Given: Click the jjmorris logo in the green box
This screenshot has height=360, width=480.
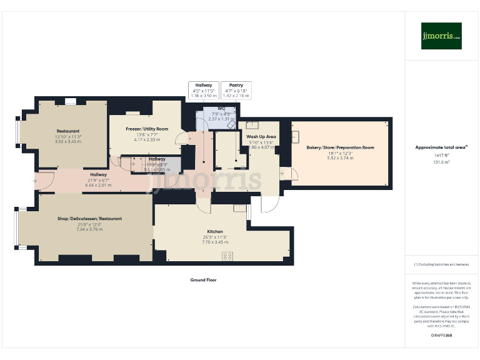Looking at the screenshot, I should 441,36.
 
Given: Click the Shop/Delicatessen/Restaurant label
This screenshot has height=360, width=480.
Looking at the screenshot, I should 90,219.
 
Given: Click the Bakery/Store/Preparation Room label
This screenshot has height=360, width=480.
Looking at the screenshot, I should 340,147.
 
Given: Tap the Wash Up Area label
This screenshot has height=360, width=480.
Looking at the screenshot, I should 261,136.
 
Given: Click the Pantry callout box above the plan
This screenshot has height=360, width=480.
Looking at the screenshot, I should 236,90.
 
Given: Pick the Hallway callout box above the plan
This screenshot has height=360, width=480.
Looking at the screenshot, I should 204,90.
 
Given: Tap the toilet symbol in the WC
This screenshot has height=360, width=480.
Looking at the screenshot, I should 231,123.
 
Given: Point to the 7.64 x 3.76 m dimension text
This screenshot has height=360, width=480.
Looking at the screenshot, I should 90,229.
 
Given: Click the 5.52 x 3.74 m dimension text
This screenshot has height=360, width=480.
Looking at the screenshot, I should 340,158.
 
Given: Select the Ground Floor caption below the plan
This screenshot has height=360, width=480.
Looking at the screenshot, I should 203,280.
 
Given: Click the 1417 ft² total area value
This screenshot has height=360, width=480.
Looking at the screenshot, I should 441,155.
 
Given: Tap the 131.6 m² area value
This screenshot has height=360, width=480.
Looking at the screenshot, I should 441,161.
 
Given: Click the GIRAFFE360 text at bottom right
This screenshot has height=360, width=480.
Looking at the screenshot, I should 441,336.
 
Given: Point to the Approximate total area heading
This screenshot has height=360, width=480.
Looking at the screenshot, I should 441,147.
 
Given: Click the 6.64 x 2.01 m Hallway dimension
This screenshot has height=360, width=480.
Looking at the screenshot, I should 97,185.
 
